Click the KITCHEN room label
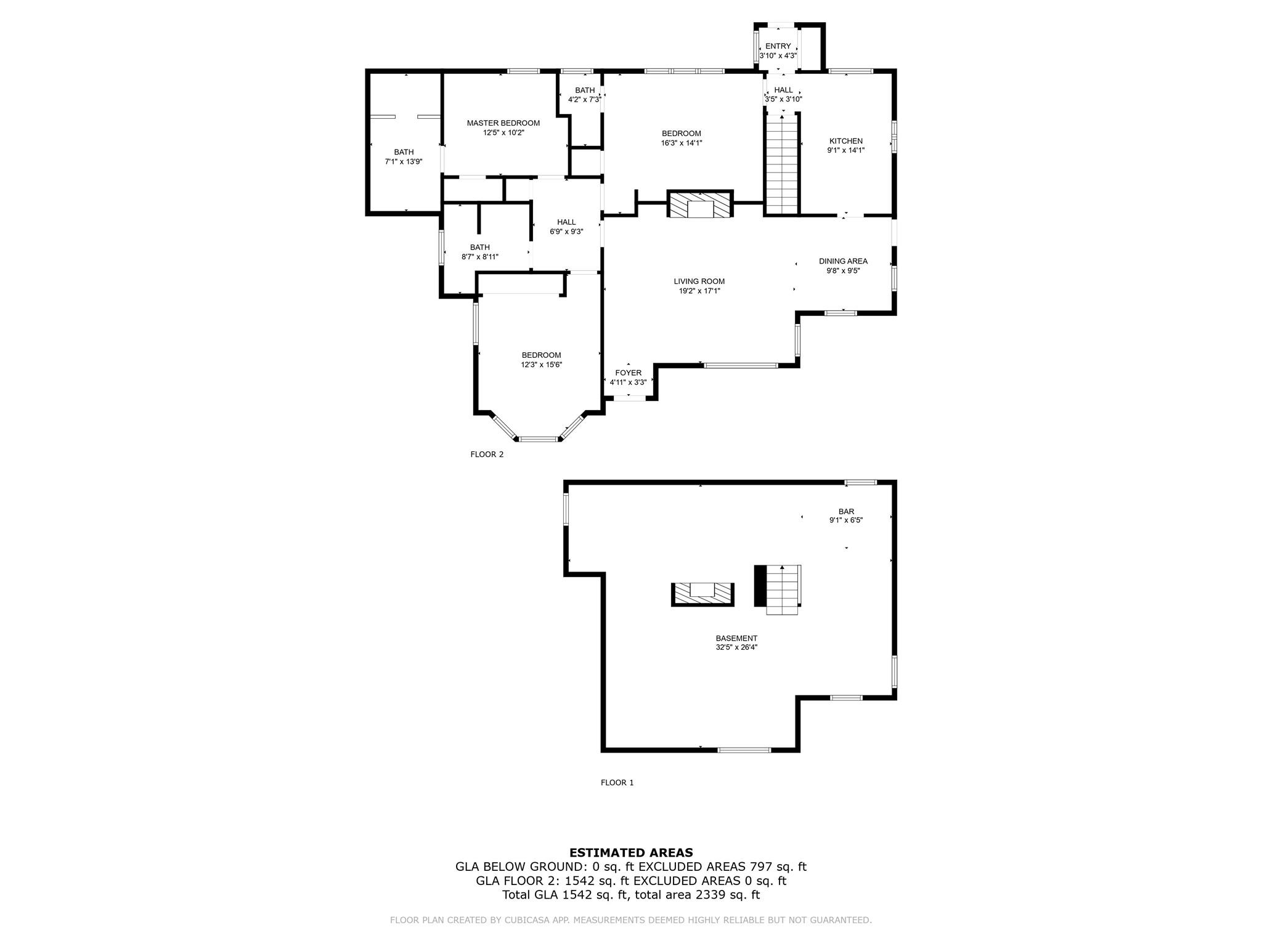pos(845,141)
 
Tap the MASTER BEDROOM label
pos(503,123)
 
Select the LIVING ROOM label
pos(699,281)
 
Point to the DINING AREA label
pos(843,261)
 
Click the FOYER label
pos(628,373)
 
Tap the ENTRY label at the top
pos(778,46)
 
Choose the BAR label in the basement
pos(846,511)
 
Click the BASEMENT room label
pos(736,638)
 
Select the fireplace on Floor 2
pos(700,204)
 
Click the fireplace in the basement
pos(702,594)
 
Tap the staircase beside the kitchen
pos(782,165)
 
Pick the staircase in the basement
pos(782,589)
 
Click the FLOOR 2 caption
pos(487,455)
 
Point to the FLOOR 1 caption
pos(617,783)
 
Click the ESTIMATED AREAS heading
pos(631,852)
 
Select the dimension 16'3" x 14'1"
pos(681,143)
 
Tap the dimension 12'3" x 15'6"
pos(541,365)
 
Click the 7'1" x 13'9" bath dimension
pos(404,162)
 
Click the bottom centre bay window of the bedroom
pos(538,439)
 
